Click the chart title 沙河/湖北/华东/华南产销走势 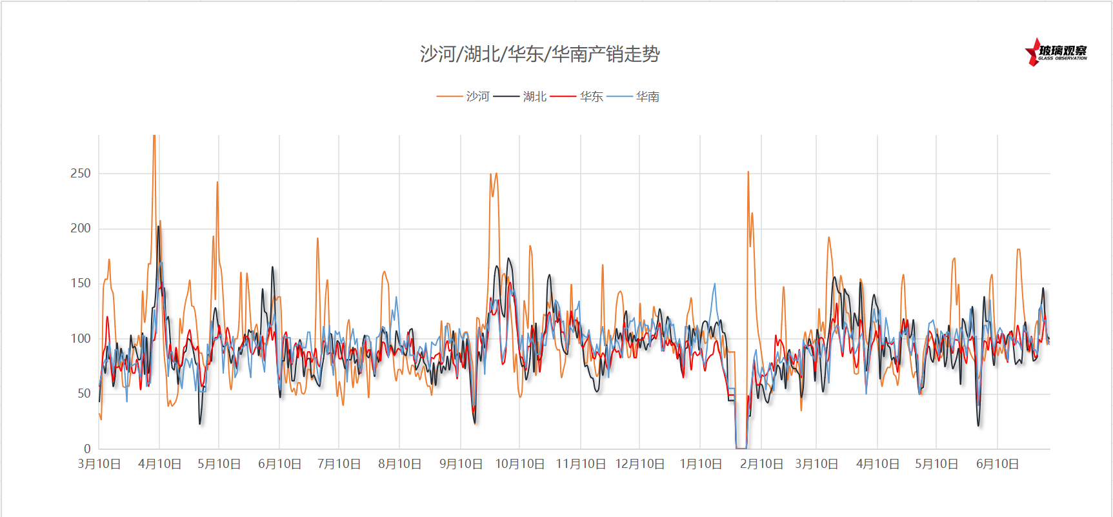tap(539, 54)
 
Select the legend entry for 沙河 tap(477, 97)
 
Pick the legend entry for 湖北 tap(534, 97)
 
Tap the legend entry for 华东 tap(591, 97)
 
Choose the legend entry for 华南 tap(647, 97)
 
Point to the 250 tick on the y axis tap(81, 173)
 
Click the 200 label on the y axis tap(81, 228)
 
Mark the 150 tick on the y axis tap(81, 283)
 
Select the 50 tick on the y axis tap(84, 393)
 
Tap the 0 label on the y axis tap(87, 449)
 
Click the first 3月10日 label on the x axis tap(99, 464)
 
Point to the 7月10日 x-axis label tap(339, 464)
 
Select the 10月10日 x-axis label tap(519, 464)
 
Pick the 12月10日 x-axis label tap(639, 464)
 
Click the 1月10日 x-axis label tap(701, 464)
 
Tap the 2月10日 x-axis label tap(761, 464)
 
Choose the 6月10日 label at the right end tap(997, 464)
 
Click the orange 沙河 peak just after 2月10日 tap(748, 172)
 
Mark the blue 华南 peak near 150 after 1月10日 tap(714, 284)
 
